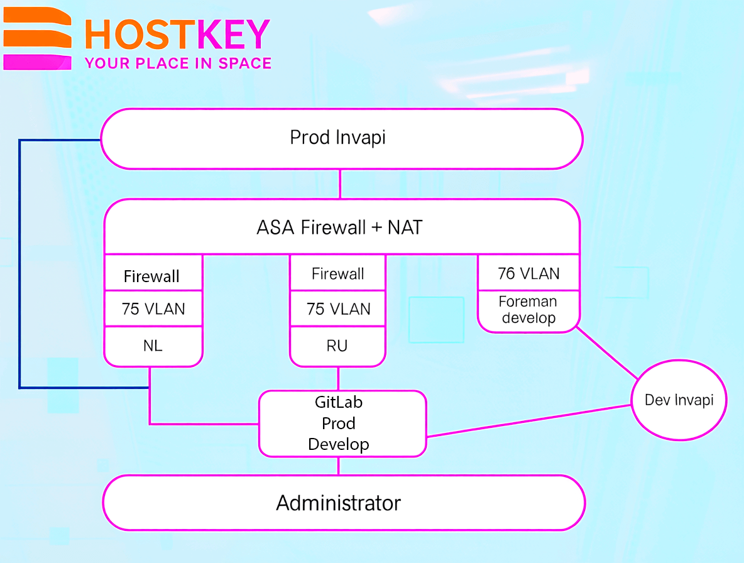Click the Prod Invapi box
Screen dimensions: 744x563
(342, 138)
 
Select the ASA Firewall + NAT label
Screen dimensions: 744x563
(339, 227)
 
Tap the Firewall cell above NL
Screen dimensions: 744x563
(153, 273)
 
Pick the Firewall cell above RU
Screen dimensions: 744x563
(338, 273)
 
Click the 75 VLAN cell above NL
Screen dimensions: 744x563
(153, 309)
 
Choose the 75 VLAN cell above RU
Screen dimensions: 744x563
(338, 309)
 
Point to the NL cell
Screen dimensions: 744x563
(153, 346)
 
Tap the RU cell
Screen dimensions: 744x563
(338, 346)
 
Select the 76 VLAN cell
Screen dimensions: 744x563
(528, 273)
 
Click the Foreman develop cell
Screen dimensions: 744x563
(528, 310)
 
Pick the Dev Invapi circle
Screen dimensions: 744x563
(679, 400)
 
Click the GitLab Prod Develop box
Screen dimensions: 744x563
(342, 424)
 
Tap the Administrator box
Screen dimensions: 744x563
(344, 503)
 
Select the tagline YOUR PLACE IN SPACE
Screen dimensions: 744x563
(178, 63)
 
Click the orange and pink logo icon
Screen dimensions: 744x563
(38, 38)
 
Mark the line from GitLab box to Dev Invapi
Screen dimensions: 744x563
(528, 421)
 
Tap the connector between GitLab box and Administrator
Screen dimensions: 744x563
(338, 466)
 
